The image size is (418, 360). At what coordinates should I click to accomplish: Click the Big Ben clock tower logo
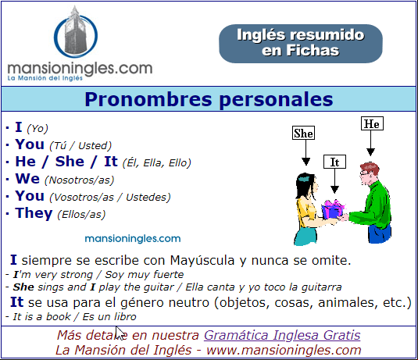click(x=76, y=33)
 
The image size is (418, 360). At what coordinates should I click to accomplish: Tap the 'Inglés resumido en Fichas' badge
click(x=301, y=44)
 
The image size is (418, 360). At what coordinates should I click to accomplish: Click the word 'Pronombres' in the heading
click(x=148, y=99)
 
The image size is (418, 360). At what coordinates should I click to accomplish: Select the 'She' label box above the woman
click(x=303, y=133)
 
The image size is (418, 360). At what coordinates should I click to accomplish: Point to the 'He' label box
click(x=372, y=123)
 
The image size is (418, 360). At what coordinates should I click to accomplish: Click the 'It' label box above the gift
click(x=334, y=162)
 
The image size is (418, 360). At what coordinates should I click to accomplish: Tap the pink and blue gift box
click(x=333, y=209)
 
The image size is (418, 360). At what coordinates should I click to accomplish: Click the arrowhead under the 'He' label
click(x=370, y=152)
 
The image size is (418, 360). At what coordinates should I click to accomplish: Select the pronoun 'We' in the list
click(x=27, y=179)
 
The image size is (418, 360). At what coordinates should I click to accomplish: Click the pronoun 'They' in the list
click(x=34, y=213)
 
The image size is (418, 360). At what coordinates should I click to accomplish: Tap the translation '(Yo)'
click(x=38, y=129)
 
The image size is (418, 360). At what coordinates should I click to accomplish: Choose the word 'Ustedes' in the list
click(x=147, y=198)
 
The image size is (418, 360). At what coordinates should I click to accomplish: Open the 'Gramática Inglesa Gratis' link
click(x=282, y=335)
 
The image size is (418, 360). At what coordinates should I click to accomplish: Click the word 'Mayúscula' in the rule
click(x=202, y=260)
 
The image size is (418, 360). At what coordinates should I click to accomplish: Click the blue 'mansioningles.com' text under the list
click(x=133, y=238)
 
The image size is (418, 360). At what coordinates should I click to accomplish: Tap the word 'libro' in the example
click(x=125, y=316)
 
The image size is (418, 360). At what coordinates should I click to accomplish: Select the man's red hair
click(x=370, y=167)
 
